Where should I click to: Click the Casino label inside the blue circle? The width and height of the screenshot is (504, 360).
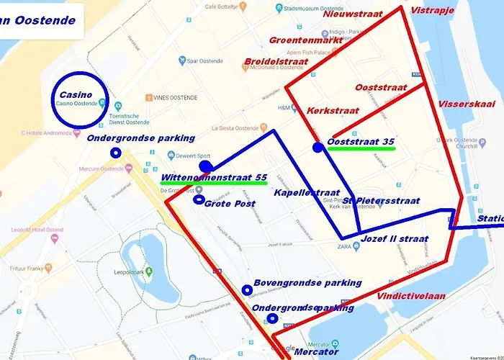click(76, 95)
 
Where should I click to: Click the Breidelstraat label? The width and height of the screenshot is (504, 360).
click(276, 61)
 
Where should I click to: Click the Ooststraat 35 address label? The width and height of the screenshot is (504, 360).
click(361, 141)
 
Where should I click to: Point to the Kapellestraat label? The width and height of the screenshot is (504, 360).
click(305, 192)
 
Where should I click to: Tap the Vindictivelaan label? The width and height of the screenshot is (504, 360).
click(410, 295)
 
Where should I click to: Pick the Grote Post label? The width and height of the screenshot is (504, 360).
click(230, 204)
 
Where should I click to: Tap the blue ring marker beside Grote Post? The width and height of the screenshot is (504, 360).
click(199, 199)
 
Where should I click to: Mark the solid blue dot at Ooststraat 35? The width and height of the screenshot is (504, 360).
click(318, 148)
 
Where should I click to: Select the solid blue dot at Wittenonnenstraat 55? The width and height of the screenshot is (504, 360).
click(205, 167)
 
